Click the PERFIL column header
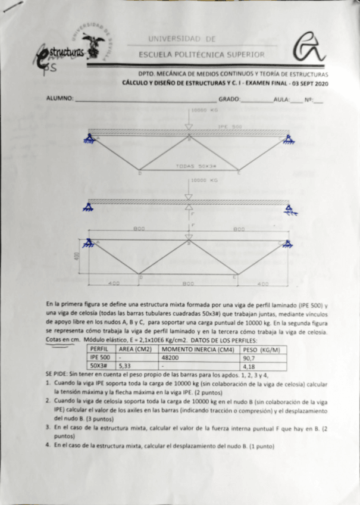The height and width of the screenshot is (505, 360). pyautogui.click(x=99, y=350)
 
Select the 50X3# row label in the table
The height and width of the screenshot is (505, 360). pyautogui.click(x=98, y=366)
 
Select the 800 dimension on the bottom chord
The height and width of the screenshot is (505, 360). pyautogui.click(x=188, y=284)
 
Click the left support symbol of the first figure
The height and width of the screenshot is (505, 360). pyautogui.click(x=90, y=139)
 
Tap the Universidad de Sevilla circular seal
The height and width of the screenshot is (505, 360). pyautogui.click(x=93, y=42)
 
